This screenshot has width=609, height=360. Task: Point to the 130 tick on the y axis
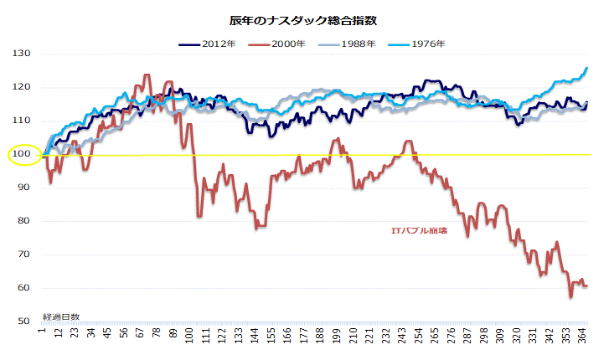21,54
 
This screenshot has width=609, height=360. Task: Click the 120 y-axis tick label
21,87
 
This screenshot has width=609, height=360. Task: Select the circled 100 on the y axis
21,154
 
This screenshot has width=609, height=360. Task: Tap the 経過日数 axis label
61,317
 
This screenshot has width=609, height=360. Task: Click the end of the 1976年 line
586,68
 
